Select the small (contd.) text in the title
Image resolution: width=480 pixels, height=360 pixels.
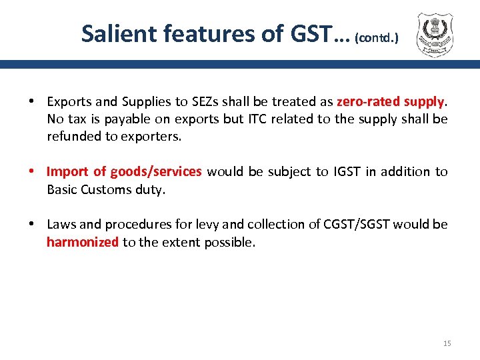pos(377,38)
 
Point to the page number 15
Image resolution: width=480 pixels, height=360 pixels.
pos(447,343)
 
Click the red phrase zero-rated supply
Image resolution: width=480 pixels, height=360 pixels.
pos(390,102)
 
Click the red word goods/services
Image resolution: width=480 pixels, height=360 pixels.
pos(156,171)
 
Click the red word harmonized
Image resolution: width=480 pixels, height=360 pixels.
pos(82,242)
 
